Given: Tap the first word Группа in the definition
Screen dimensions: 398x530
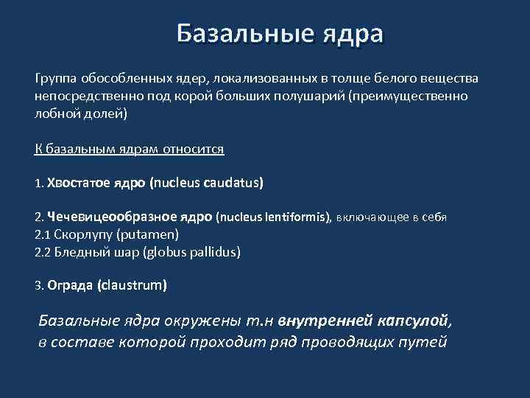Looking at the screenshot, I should point(56,78).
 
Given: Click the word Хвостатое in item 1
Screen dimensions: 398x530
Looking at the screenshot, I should point(79,183).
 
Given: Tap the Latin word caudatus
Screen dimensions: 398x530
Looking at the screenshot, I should point(230,183).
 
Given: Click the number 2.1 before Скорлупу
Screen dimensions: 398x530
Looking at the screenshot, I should point(43,234).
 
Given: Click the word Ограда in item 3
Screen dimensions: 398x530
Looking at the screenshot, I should point(70,284).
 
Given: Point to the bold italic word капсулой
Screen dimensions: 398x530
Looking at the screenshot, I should point(415,321).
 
